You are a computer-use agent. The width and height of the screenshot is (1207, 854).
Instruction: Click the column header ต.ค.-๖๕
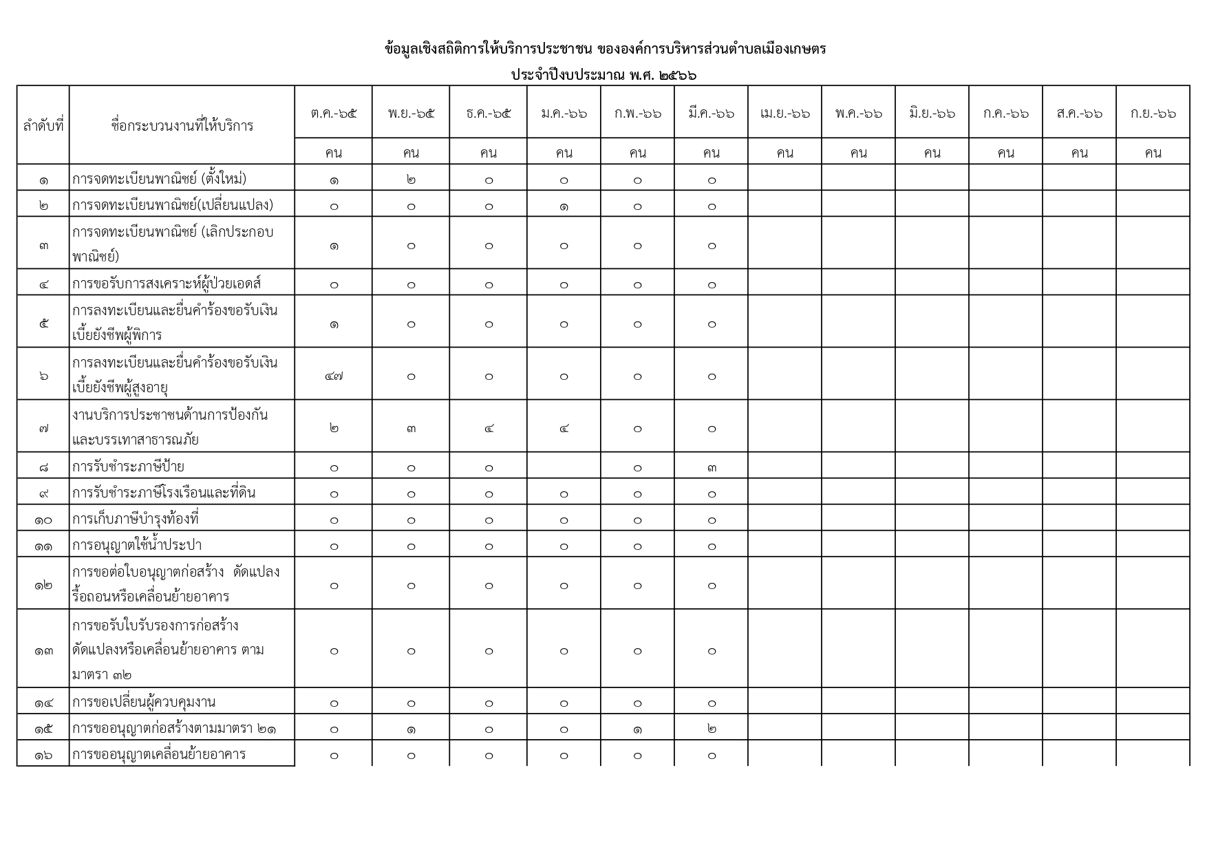pos(334,113)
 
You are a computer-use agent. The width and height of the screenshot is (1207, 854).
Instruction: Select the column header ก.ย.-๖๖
pos(1153,113)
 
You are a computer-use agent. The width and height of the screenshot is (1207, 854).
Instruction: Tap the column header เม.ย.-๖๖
pos(784,113)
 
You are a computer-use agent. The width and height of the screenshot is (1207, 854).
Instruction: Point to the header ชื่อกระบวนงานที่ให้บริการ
pos(182,126)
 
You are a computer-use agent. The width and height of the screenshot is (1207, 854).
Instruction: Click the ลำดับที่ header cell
pos(43,126)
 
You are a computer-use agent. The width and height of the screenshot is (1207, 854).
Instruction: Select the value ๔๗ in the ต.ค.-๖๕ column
pos(334,376)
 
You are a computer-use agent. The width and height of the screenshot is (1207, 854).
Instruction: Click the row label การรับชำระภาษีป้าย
pos(128,467)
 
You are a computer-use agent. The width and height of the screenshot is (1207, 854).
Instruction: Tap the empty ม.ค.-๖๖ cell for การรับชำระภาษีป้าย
pos(564,467)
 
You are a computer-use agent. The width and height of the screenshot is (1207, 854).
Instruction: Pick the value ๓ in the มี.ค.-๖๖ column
pos(712,468)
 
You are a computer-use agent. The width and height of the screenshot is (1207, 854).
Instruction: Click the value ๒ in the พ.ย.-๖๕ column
pos(411,180)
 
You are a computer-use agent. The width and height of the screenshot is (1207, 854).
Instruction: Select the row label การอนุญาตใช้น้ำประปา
pos(137,546)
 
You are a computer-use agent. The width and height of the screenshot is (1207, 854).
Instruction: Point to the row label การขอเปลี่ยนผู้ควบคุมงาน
pos(144,703)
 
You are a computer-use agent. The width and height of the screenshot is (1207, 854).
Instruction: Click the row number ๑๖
pos(43,756)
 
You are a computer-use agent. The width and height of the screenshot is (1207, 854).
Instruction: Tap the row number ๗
pos(43,429)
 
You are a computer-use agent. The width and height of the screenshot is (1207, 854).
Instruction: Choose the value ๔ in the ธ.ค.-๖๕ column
pos(489,429)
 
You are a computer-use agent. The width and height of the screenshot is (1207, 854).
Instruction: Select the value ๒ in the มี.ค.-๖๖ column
pos(712,729)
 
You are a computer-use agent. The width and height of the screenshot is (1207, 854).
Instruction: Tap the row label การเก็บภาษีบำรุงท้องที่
pos(136,519)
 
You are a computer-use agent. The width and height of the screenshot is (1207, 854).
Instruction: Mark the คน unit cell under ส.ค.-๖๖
pos(1079,153)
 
